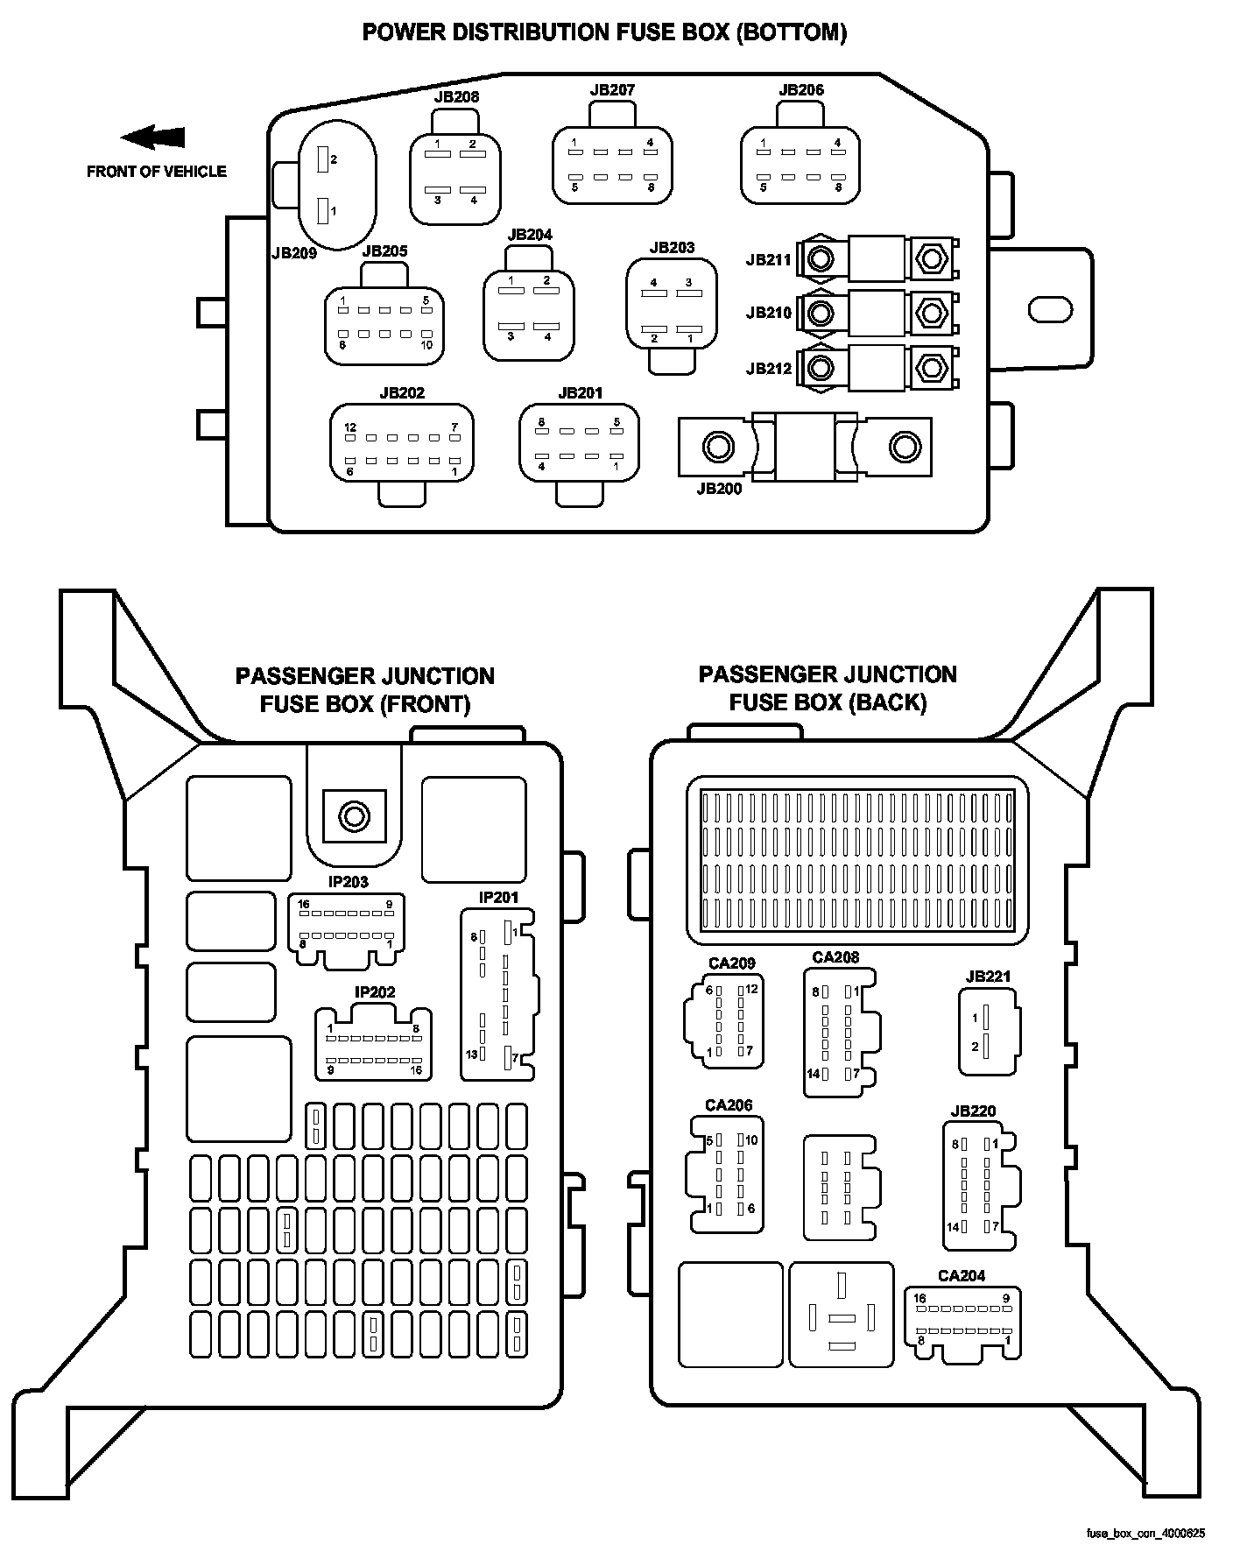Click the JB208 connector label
(456, 97)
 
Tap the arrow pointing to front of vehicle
(153, 138)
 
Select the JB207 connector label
(612, 89)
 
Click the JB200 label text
(719, 489)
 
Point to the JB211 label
(769, 260)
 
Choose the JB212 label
(769, 369)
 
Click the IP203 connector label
(349, 882)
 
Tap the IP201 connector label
(498, 897)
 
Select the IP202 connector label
(374, 992)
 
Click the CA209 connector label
(731, 963)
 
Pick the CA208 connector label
(835, 957)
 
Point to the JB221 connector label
(989, 977)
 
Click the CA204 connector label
(961, 1275)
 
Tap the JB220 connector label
(974, 1111)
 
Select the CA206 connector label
(729, 1105)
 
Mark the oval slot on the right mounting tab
(1050, 309)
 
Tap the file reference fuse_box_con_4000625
(1145, 1533)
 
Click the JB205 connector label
(384, 251)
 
